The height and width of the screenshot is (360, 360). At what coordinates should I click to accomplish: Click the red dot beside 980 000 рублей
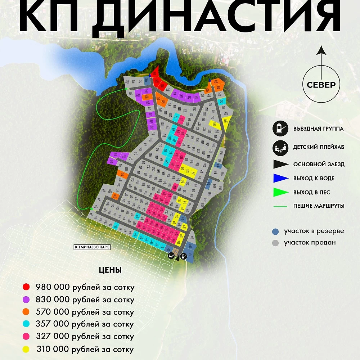26,287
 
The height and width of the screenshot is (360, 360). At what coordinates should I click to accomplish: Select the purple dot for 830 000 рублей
26,299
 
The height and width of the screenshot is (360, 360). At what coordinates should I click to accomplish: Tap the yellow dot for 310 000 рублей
26,349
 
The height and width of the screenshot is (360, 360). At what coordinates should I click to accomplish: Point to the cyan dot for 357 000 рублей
26,324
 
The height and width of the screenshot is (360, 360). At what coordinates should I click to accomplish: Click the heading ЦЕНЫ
110,270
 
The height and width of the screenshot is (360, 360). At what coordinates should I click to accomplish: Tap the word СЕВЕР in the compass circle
321,85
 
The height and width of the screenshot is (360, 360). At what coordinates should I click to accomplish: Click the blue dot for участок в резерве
276,231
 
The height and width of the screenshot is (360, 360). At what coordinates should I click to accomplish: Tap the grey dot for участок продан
276,243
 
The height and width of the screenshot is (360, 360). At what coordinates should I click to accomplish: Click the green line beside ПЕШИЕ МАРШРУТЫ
281,206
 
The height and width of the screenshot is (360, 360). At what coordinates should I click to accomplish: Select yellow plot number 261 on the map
226,121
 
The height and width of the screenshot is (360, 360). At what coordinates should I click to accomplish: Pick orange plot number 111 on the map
122,174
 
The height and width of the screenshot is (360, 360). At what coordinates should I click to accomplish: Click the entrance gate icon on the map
184,256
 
